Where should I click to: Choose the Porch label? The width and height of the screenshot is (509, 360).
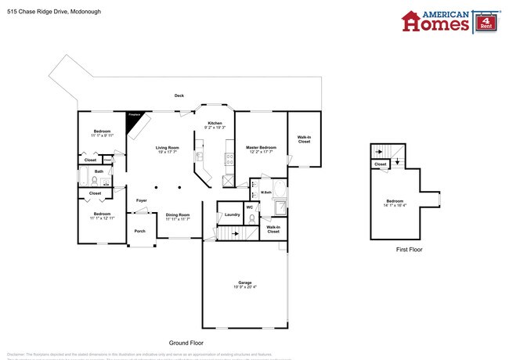140,231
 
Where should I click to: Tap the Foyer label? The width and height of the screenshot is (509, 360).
142,201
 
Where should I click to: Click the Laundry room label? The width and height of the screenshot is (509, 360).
232,214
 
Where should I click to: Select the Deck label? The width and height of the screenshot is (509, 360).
179,95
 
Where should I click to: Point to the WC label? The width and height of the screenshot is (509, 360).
250,207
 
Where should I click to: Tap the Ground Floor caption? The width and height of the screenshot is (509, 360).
186,343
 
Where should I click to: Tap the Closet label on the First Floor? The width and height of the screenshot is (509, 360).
381,164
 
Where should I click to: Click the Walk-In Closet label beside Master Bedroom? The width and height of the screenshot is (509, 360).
304,140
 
